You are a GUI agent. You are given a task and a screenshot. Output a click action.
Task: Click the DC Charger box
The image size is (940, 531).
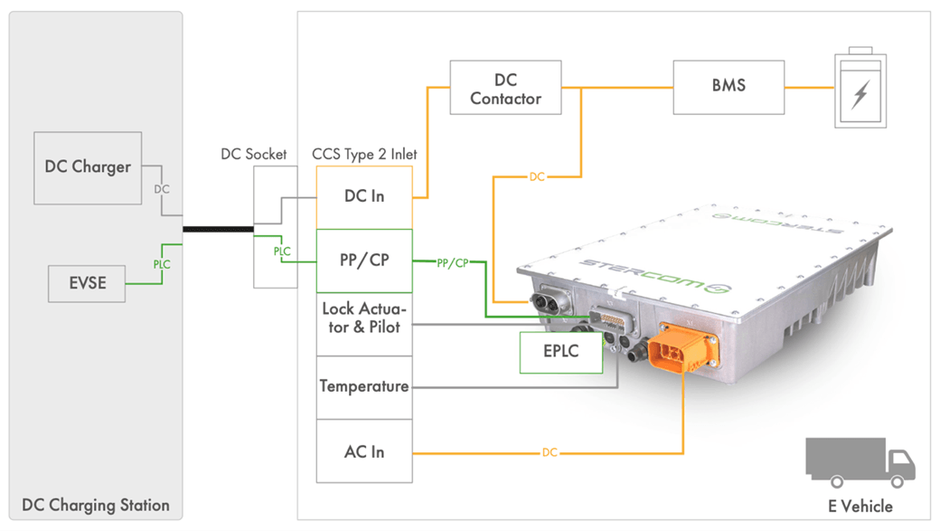88,167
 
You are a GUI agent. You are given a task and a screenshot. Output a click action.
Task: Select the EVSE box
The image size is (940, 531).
88,283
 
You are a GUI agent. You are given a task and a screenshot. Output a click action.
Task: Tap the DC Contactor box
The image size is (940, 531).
505,88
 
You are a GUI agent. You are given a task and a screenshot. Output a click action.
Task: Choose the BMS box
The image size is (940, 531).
728,87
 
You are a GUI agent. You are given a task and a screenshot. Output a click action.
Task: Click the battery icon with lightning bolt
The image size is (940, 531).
860,88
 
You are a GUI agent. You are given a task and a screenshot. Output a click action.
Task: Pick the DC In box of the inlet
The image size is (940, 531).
364,196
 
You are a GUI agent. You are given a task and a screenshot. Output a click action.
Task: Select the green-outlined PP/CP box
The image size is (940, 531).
364,261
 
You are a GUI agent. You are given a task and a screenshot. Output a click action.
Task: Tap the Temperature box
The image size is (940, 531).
364,386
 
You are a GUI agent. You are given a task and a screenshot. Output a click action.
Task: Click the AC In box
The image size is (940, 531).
364,450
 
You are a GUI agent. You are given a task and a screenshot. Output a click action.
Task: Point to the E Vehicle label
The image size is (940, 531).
860,507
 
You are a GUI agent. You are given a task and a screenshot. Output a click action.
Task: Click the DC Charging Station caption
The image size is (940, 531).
95,505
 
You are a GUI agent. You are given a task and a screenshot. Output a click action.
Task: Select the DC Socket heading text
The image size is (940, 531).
253,154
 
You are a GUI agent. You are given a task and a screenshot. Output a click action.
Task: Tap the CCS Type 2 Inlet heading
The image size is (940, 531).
365,154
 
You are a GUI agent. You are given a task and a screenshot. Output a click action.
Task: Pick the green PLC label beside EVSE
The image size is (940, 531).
161,265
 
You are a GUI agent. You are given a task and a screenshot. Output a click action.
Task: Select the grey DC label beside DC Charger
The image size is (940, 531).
161,190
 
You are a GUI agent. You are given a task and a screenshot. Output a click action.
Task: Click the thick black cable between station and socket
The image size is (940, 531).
218,229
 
